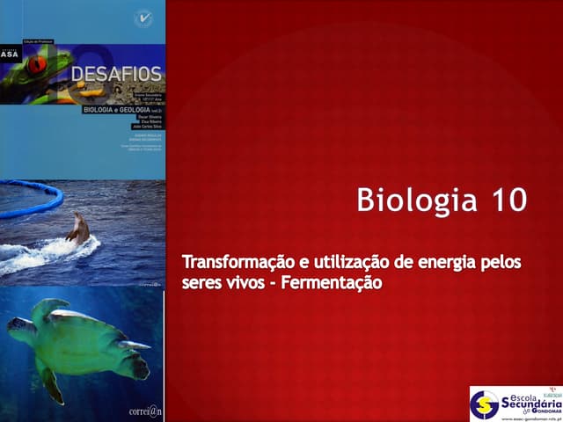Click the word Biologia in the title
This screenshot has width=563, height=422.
point(406,200)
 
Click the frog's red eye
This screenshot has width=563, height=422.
point(35,63)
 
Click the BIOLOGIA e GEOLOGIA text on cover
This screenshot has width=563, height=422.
point(113,111)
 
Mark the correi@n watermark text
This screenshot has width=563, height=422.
point(144,408)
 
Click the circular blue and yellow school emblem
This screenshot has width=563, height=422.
point(484,404)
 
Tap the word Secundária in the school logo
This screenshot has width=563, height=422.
point(529,402)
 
